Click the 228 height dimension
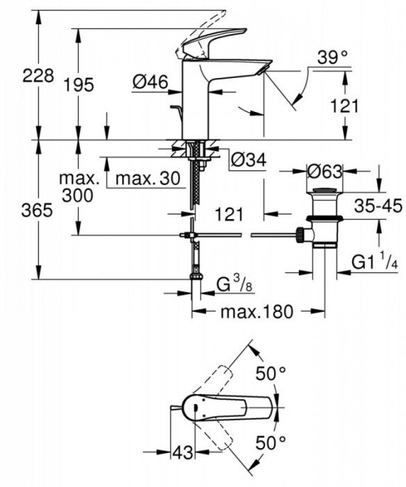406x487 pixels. click(39, 76)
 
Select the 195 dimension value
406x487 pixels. click(78, 86)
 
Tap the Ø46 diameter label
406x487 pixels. click(150, 82)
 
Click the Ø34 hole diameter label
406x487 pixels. click(247, 161)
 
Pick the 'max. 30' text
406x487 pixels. click(148, 179)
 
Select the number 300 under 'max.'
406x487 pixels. click(76, 197)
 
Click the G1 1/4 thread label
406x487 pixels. click(375, 263)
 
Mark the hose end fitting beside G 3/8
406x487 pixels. click(196, 278)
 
